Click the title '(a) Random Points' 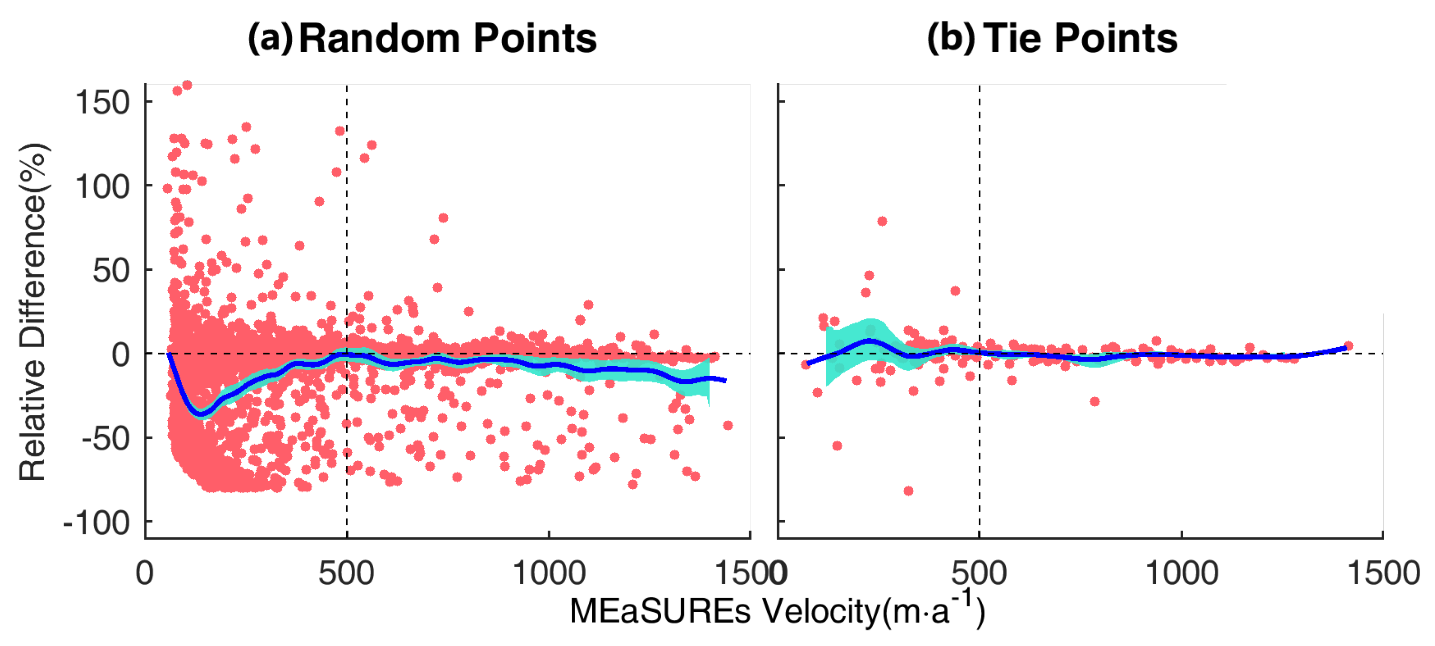pyautogui.click(x=422, y=39)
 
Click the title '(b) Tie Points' pyautogui.click(x=1052, y=39)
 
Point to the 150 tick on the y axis pyautogui.click(x=103, y=103)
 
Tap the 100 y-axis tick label pyautogui.click(x=103, y=187)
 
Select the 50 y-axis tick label pyautogui.click(x=111, y=271)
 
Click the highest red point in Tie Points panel pyautogui.click(x=882, y=221)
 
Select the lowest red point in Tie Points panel pyautogui.click(x=908, y=491)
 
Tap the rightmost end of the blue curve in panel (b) pyautogui.click(x=1345, y=348)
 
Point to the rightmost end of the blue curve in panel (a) pyautogui.click(x=725, y=380)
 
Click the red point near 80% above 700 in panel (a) pyautogui.click(x=443, y=218)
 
